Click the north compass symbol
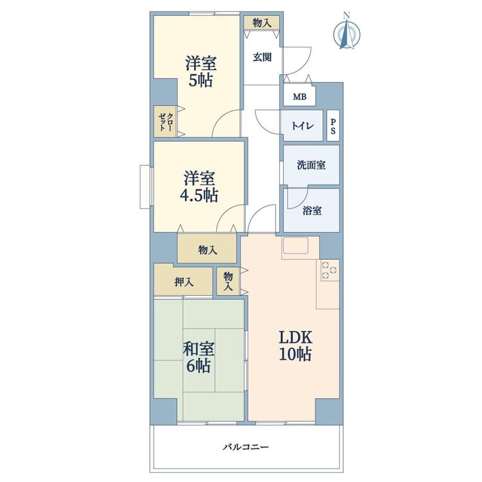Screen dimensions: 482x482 (x=347, y=31)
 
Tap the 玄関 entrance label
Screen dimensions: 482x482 (x=262, y=57)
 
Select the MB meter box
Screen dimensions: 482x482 (x=299, y=97)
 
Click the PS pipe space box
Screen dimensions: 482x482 (x=333, y=126)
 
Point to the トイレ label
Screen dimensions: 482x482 (x=302, y=126)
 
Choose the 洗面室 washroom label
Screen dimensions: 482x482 (x=311, y=165)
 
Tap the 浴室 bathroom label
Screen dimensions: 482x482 (x=312, y=211)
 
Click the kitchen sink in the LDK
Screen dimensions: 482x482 (x=295, y=245)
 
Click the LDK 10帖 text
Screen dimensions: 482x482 (x=295, y=345)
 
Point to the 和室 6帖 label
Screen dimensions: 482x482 (x=198, y=357)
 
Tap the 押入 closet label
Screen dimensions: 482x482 (x=184, y=281)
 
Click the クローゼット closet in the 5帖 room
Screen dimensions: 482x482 (x=166, y=122)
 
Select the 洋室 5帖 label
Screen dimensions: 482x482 (x=201, y=72)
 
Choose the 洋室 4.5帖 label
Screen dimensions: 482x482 (x=199, y=187)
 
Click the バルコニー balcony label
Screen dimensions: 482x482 (x=246, y=447)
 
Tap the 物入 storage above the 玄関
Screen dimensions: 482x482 (x=262, y=23)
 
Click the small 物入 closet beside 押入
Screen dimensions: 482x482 (x=228, y=281)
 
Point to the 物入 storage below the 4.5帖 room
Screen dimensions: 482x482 (x=207, y=249)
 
